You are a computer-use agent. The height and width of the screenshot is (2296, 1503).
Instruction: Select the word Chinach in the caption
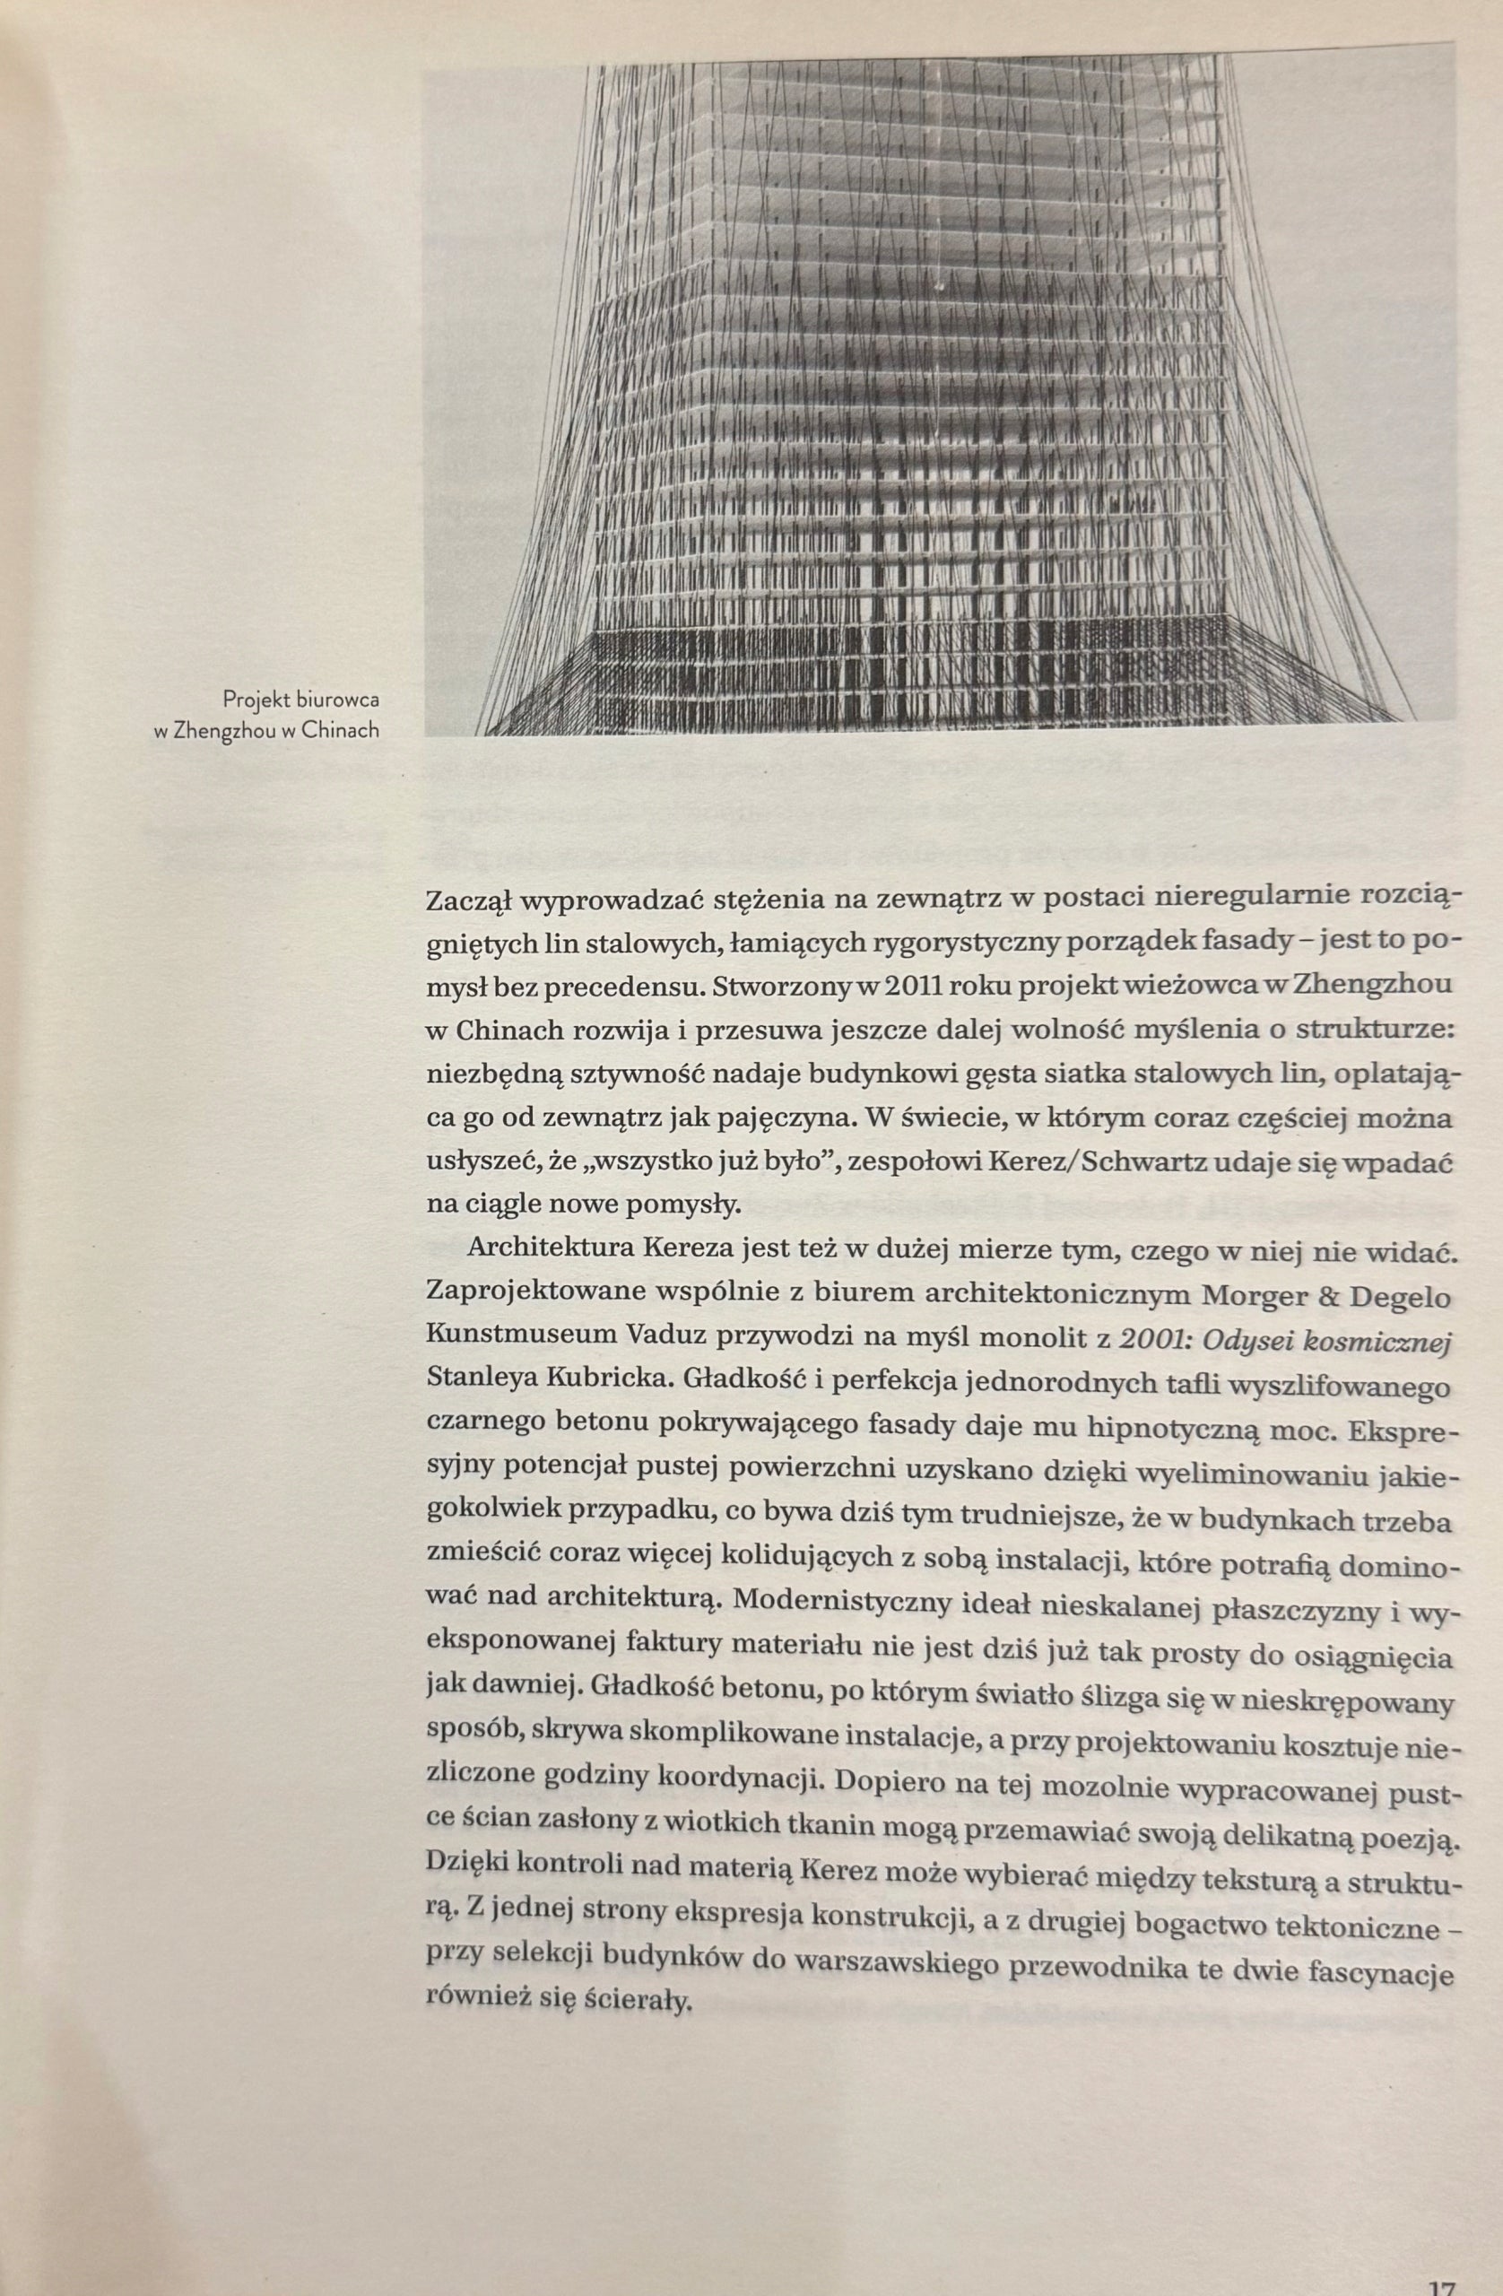(340, 730)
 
